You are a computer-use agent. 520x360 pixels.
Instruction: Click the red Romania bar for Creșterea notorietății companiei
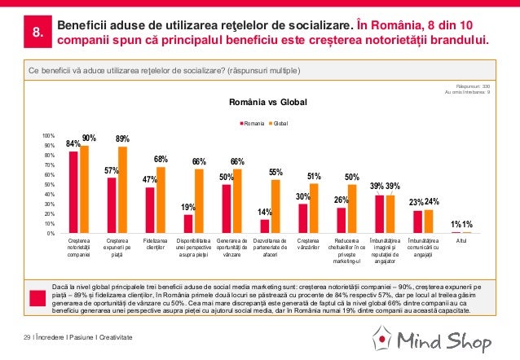click(73, 193)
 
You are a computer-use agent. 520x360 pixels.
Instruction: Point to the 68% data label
click(161, 159)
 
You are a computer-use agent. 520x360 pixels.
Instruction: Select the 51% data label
click(314, 175)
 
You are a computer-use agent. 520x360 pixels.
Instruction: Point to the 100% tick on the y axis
click(48, 135)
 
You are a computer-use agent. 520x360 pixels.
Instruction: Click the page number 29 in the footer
click(28, 337)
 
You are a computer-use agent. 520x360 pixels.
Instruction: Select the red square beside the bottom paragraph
click(36, 296)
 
